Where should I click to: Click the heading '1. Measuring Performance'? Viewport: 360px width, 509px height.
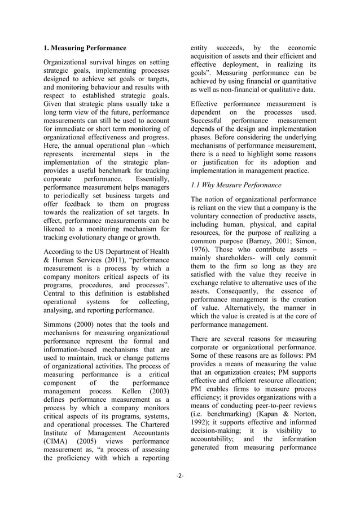pyautogui.click(x=85, y=48)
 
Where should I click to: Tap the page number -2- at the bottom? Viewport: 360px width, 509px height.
pyautogui.click(x=180, y=476)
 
